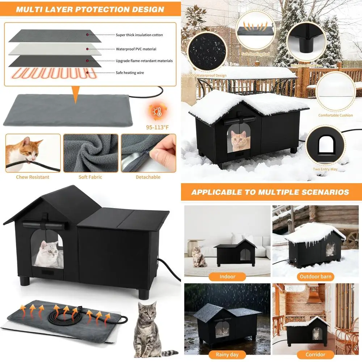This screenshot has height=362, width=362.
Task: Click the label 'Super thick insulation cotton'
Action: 139,35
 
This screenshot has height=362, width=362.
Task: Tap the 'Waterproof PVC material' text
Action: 136,49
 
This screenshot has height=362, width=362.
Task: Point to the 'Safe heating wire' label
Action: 130,73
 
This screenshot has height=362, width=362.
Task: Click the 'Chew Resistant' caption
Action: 33,177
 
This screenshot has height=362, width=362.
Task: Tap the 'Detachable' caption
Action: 148,177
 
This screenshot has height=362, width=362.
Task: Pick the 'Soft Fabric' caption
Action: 90,177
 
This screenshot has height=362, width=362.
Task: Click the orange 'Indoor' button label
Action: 227,277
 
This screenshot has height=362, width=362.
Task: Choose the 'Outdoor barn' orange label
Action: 315,277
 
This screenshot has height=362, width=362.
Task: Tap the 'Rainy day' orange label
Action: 228,354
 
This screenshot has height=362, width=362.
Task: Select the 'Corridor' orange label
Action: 315,354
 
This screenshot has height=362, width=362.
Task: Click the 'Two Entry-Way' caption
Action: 325,169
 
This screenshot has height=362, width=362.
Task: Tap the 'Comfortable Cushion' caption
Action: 336,115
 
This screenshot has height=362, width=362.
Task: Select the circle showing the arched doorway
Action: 325,145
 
